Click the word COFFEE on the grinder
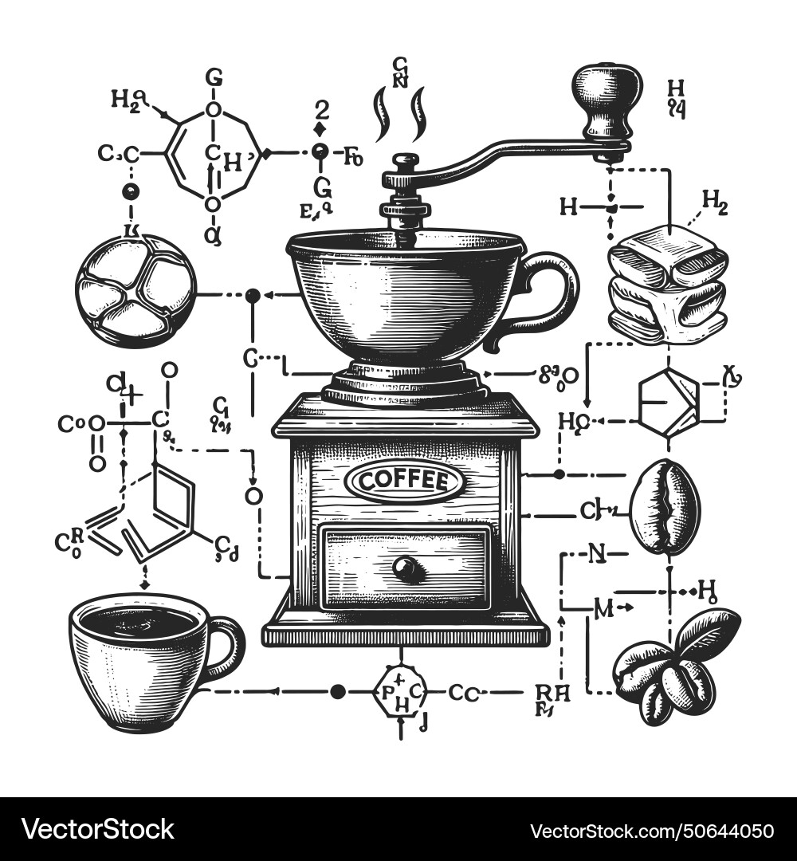point(402,481)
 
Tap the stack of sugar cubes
point(668,285)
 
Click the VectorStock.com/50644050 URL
point(651,829)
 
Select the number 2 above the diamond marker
point(321,109)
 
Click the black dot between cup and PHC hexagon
point(339,691)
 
